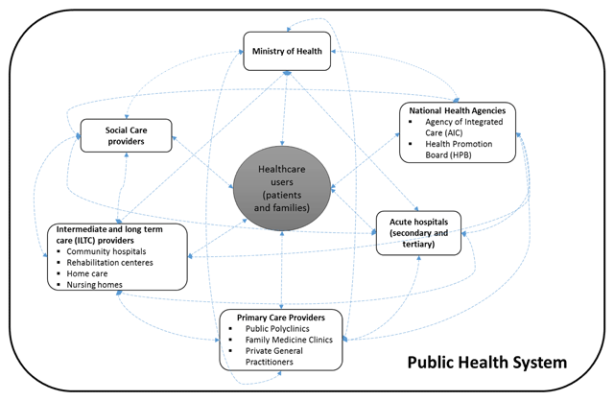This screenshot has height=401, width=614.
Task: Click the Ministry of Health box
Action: (287, 50)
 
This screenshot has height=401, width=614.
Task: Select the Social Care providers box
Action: (125, 134)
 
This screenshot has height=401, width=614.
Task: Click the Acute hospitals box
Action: (417, 232)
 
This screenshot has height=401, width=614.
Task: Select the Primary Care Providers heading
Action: (280, 317)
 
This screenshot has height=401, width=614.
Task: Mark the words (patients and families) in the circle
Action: (280, 200)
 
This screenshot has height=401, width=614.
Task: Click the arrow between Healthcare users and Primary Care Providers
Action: (280, 273)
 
